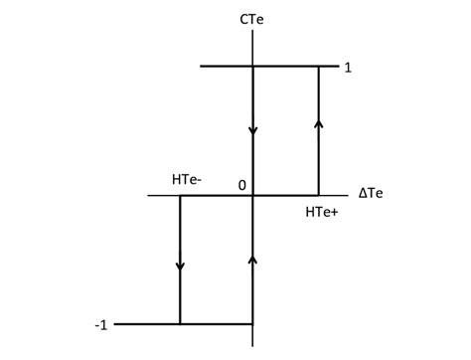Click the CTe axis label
(255, 16)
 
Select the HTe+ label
(321, 211)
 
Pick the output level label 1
(348, 68)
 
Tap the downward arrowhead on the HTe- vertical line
(180, 266)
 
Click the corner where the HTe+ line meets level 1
(319, 67)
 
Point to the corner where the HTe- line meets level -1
(180, 323)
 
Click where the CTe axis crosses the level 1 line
(254, 67)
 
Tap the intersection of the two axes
(254, 195)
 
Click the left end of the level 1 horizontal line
(201, 67)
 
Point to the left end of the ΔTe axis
(148, 195)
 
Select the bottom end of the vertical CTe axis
(254, 346)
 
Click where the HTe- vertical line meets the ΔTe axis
(180, 195)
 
